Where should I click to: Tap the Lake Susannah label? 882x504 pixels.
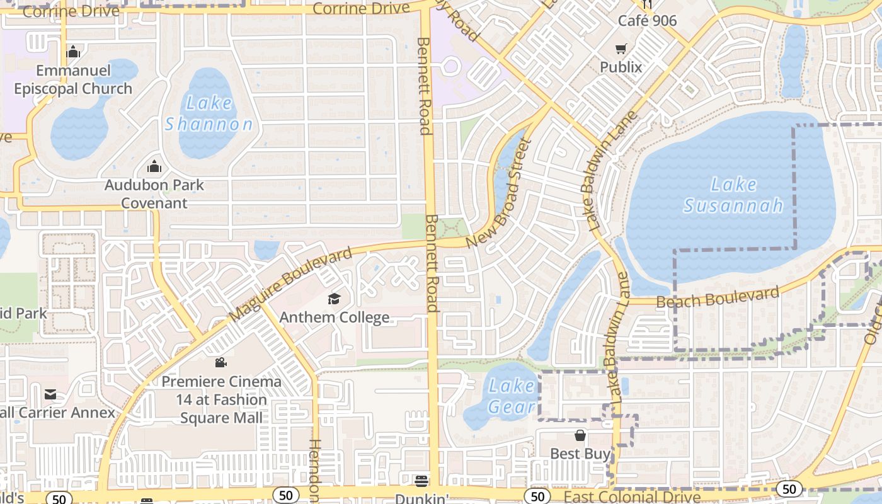click(x=733, y=195)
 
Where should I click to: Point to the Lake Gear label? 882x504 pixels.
click(x=512, y=396)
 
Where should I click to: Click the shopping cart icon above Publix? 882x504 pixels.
click(x=621, y=49)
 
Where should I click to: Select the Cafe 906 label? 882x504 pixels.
click(x=647, y=21)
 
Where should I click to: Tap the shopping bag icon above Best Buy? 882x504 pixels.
click(x=580, y=435)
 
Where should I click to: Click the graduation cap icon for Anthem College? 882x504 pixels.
click(x=334, y=299)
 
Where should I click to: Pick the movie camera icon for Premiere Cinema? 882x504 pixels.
click(x=220, y=362)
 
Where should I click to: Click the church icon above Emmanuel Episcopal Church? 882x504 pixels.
click(x=73, y=52)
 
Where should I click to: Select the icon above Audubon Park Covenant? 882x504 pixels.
click(x=154, y=167)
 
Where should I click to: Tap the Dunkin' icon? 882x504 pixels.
click(x=421, y=481)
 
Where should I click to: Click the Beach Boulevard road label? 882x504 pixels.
click(x=718, y=297)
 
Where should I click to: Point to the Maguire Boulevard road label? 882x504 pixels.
click(x=290, y=285)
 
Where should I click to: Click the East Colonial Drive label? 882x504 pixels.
click(x=632, y=497)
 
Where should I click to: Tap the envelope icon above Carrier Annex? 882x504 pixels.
click(x=50, y=394)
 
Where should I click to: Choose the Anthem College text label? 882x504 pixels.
click(x=334, y=317)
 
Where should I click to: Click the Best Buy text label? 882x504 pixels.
click(x=580, y=454)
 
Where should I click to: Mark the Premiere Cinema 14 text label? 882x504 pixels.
click(x=221, y=399)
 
